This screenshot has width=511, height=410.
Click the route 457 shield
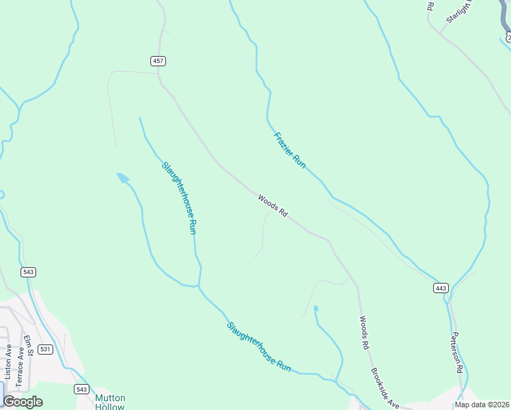point(158,61)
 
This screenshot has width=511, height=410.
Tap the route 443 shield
point(441,288)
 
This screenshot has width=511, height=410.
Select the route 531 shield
point(45,349)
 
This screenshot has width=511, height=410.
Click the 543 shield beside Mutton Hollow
point(82,389)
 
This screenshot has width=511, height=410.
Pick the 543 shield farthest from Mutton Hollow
point(28,272)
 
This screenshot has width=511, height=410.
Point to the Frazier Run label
point(289,150)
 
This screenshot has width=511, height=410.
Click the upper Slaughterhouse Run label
point(180,198)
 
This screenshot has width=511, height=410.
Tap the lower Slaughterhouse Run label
point(259,347)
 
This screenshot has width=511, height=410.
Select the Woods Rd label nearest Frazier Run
point(273,206)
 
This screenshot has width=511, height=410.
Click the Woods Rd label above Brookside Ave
point(363,332)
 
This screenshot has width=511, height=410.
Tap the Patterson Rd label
point(457,351)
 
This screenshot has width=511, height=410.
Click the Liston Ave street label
point(8,361)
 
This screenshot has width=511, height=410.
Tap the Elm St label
point(29,346)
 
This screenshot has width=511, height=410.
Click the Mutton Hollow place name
point(110,402)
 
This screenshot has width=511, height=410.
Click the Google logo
point(23,402)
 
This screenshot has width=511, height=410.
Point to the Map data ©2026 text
point(482,405)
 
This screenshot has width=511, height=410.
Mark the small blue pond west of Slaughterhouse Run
point(122,178)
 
